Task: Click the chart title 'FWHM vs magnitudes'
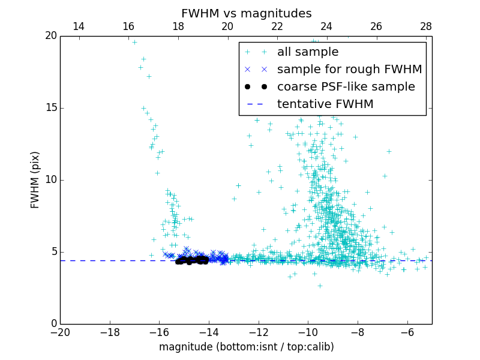(x=246, y=13)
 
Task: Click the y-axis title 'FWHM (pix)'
(x=35, y=180)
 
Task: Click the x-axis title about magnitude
(x=246, y=347)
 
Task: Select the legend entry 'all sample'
(x=308, y=52)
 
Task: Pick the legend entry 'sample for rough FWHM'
(x=349, y=70)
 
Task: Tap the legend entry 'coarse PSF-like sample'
(x=346, y=87)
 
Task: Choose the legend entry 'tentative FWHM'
(x=325, y=104)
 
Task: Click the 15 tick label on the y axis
(x=50, y=108)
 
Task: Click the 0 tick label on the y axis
(x=53, y=324)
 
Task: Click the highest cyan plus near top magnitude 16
(x=134, y=42)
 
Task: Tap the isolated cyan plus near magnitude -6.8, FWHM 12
(x=389, y=151)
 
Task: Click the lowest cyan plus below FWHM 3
(x=320, y=286)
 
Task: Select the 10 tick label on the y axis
(x=50, y=180)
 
